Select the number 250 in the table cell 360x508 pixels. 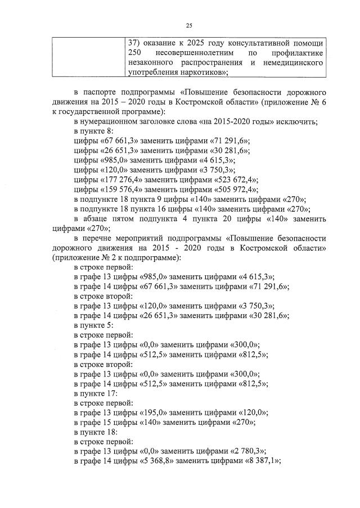pos(135,53)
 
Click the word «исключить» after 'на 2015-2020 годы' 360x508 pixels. pos(299,122)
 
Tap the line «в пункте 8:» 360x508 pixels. pos(93,131)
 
